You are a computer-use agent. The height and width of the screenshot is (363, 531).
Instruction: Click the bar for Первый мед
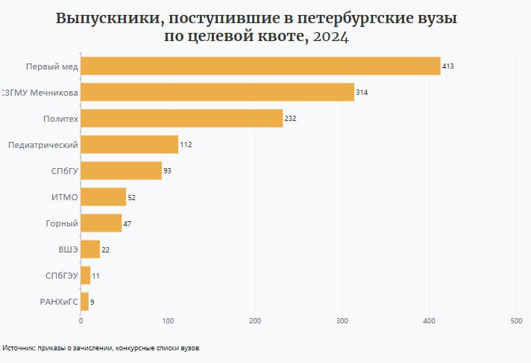pos(260,66)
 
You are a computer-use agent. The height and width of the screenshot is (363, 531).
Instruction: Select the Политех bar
pos(182,118)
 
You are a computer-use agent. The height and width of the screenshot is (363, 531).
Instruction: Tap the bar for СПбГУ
pos(121,170)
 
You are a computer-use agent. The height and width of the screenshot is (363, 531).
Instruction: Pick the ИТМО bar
pos(104,196)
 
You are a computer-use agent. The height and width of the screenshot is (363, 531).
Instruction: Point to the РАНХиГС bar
pos(85,301)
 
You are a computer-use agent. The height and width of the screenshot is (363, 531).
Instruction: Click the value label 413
pos(448,66)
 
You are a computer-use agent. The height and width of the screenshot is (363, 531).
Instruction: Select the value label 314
pos(362,93)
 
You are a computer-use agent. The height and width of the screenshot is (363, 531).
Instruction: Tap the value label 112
pos(186,145)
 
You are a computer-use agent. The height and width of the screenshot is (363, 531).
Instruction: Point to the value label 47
pos(128,223)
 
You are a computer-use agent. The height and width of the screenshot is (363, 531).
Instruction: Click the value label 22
pos(106,249)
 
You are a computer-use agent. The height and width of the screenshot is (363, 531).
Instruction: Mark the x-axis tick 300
pos(342,321)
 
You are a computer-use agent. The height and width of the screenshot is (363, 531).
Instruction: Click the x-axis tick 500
pos(516,321)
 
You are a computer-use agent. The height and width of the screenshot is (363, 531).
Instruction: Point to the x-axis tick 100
pos(168,321)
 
